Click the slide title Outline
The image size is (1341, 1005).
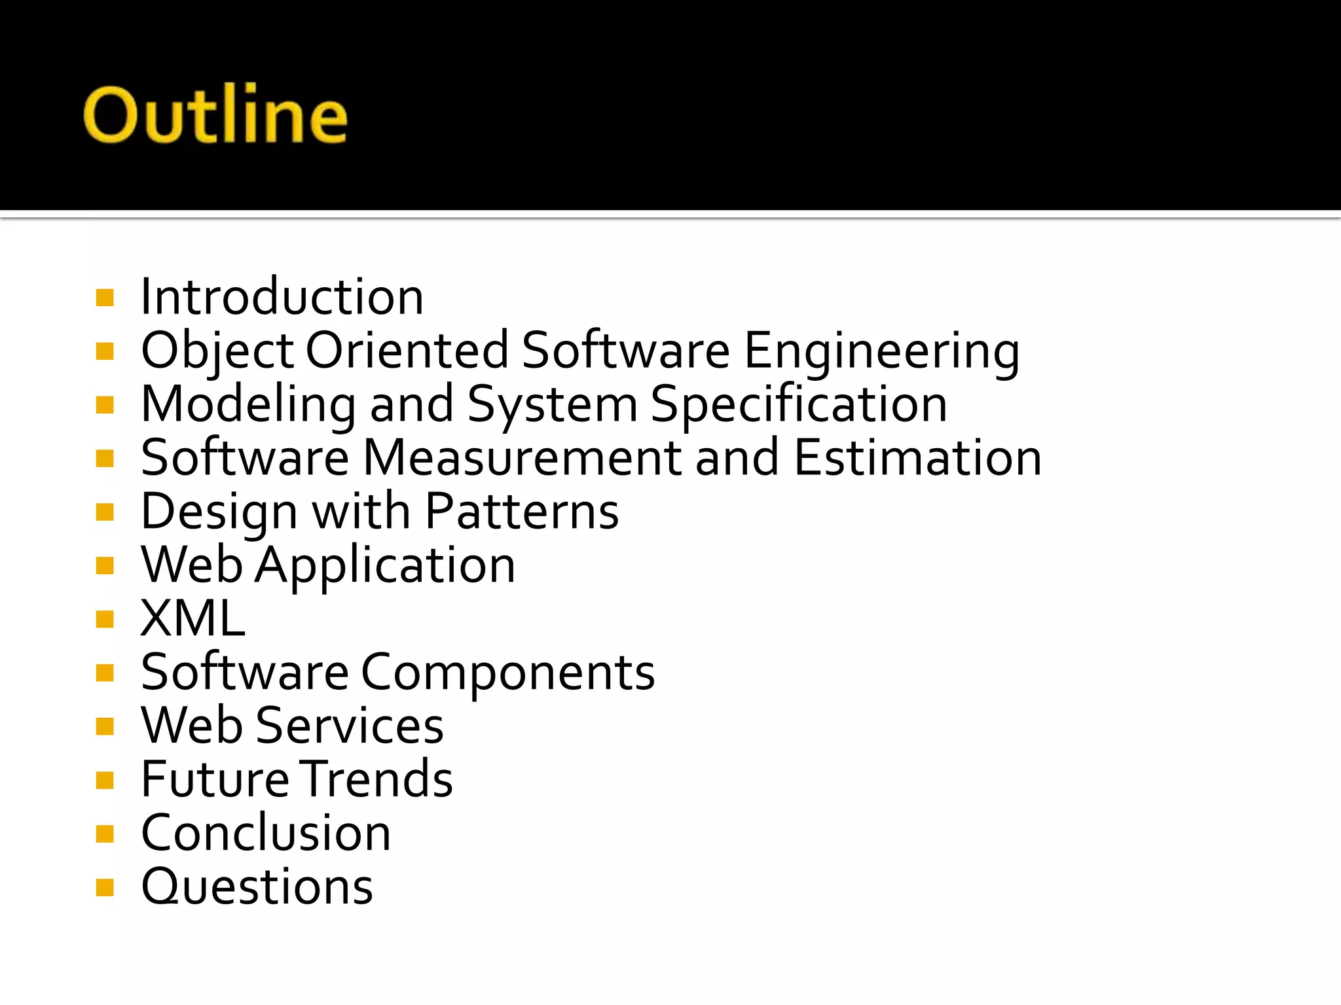click(x=215, y=115)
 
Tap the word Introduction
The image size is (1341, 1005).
click(x=282, y=297)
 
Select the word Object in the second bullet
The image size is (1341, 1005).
click(x=217, y=351)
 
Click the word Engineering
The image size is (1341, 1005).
click(x=881, y=351)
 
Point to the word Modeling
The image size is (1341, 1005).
click(x=248, y=404)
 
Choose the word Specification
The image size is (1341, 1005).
click(x=799, y=404)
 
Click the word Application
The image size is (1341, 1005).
click(x=385, y=565)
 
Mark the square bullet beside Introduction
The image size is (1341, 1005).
click(x=105, y=298)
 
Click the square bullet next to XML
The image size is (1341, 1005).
click(x=105, y=619)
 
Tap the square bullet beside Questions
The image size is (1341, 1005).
click(x=105, y=887)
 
